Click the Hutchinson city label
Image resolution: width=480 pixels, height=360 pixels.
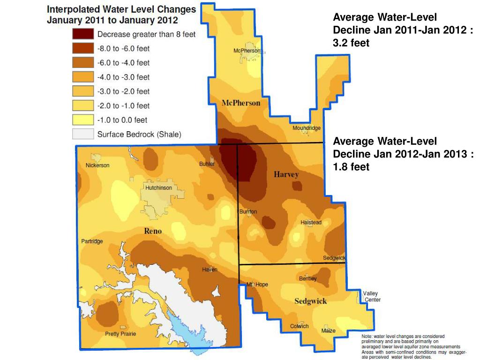[158, 187]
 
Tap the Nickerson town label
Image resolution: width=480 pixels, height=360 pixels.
[97, 165]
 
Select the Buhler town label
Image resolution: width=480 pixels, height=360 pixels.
[207, 164]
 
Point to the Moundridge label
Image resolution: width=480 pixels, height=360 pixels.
[307, 128]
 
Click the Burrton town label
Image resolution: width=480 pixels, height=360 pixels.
[248, 212]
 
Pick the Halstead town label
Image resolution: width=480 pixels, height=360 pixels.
[311, 222]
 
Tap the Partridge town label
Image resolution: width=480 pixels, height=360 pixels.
[92, 241]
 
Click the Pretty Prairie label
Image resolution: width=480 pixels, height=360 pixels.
[120, 334]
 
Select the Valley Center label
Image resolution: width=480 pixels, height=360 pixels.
[372, 297]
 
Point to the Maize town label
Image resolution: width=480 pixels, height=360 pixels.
[328, 331]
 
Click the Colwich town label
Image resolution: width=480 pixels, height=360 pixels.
[299, 326]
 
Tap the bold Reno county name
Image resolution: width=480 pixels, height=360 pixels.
[153, 231]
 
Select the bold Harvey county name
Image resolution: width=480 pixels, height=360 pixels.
[286, 174]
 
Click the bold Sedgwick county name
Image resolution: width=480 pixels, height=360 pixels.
[310, 301]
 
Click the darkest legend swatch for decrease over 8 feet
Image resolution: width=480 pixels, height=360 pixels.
[82, 34]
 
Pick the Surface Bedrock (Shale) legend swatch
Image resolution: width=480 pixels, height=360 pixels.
[82, 134]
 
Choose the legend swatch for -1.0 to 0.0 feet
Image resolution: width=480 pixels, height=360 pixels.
[82, 120]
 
